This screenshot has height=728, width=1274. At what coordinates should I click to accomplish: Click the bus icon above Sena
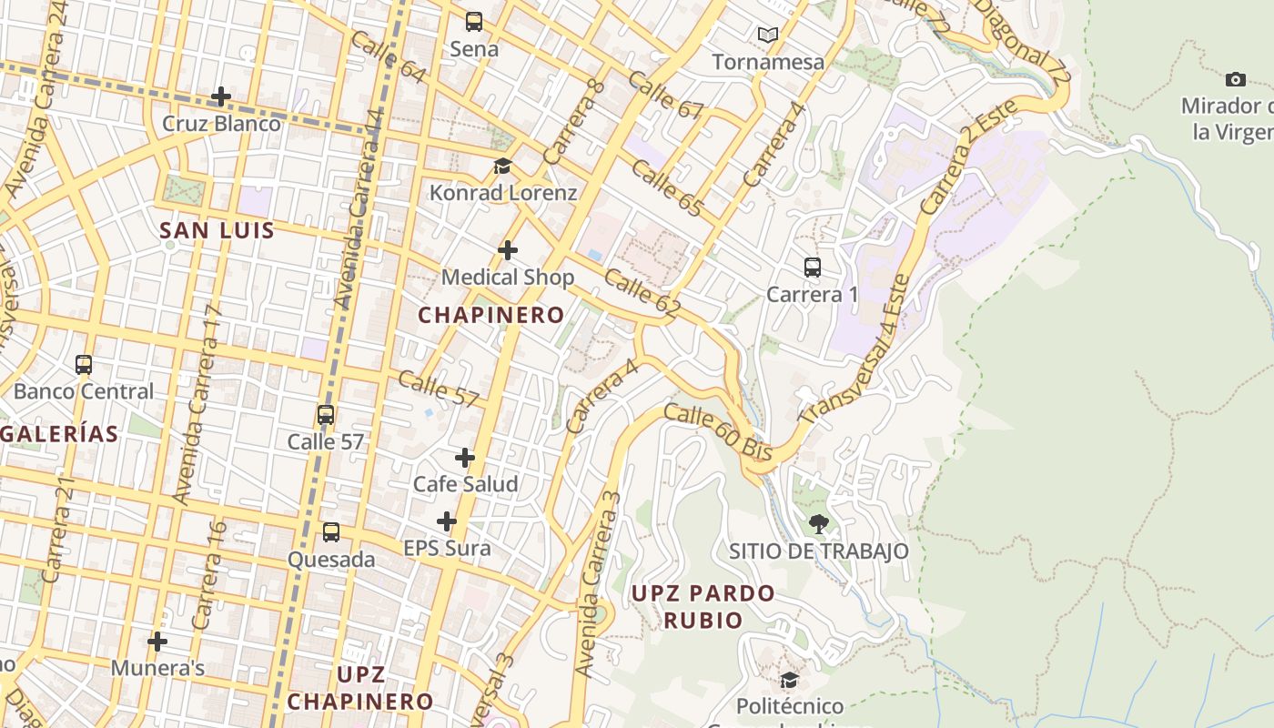tap(473, 22)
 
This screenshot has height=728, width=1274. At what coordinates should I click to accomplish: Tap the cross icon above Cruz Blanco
tap(220, 96)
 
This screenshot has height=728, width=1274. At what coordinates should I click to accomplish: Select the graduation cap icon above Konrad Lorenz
tap(502, 166)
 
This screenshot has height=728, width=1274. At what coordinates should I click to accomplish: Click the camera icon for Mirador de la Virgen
tap(1235, 79)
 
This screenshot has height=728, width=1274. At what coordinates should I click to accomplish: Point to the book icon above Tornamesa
tap(768, 35)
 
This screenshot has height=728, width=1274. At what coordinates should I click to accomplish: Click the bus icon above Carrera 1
tap(813, 268)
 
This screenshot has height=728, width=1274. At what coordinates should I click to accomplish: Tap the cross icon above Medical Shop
tap(508, 249)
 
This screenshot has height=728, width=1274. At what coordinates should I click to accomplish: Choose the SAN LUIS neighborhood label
tap(217, 230)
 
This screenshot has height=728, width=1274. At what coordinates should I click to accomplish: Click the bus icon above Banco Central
tap(84, 365)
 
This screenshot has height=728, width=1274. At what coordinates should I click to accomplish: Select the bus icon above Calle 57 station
tap(326, 415)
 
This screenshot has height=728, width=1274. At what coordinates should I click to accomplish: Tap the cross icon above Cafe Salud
tap(465, 457)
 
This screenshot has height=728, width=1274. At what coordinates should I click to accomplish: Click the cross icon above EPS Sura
tap(446, 521)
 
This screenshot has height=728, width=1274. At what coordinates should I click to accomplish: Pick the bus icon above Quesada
tap(331, 532)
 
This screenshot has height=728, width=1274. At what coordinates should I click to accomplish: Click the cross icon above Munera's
tap(157, 642)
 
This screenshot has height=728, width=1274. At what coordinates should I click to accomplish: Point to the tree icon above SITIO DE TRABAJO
tap(818, 523)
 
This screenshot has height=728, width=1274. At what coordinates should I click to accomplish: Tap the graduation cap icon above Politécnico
tap(789, 680)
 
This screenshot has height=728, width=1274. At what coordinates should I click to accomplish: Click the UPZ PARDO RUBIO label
tap(703, 607)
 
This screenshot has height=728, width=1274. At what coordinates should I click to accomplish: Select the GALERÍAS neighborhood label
tap(60, 434)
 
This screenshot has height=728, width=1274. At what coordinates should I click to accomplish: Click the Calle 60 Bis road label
tap(718, 432)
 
